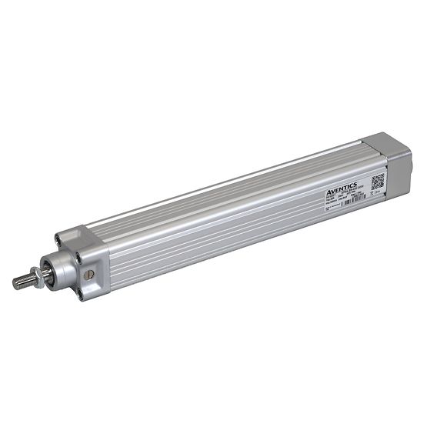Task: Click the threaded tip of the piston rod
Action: coord(19,282)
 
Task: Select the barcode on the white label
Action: coord(357,200)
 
